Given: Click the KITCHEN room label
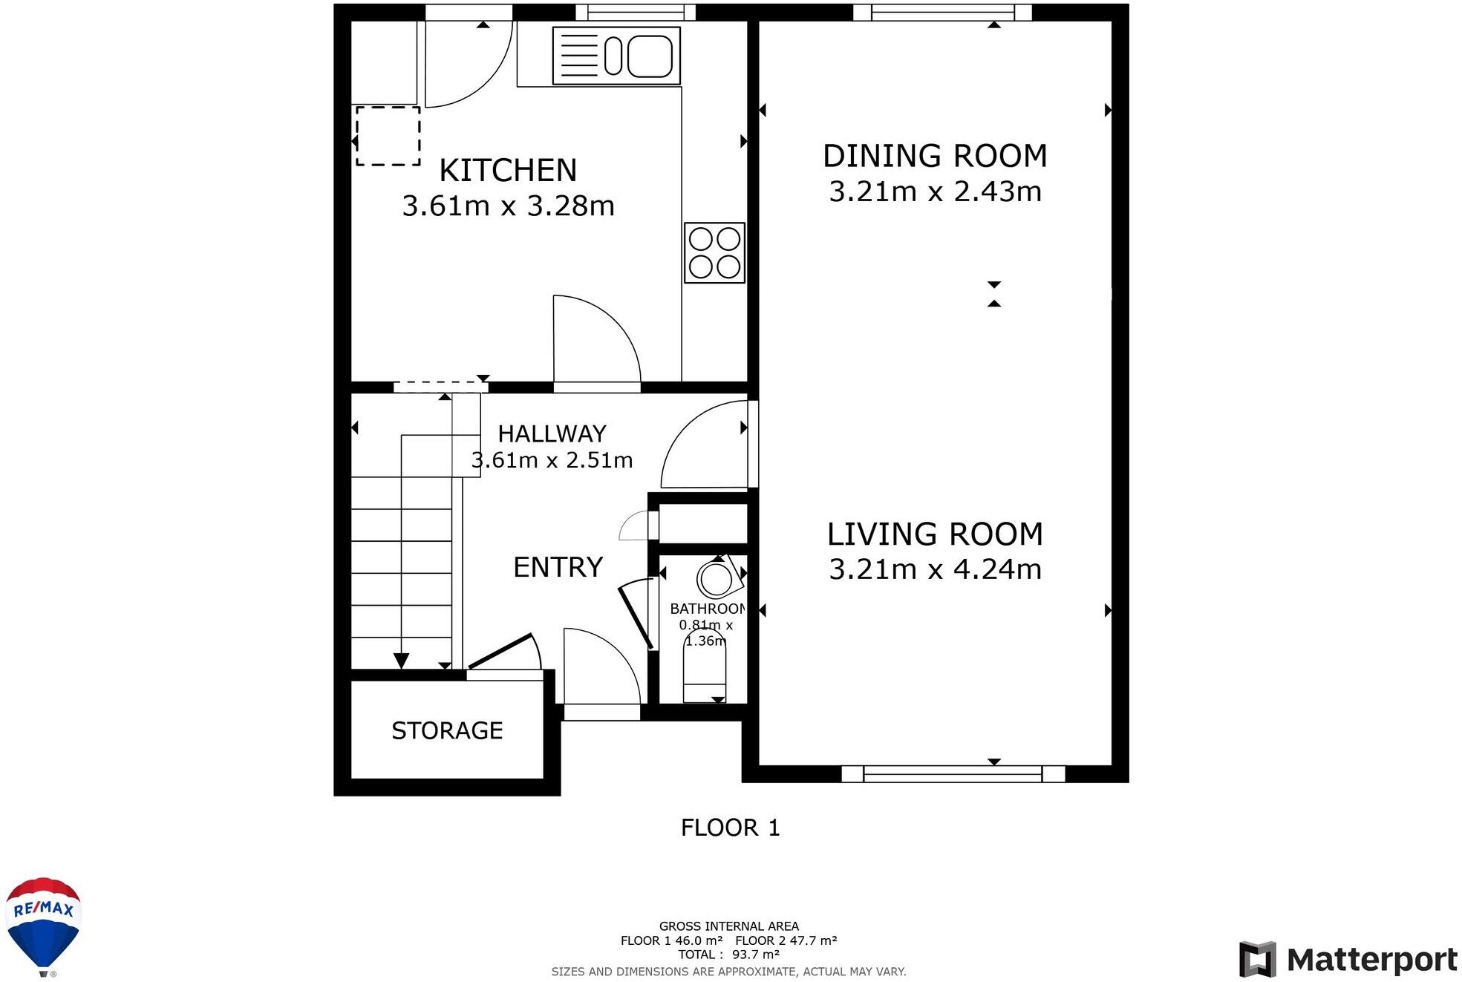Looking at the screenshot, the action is click(x=508, y=171).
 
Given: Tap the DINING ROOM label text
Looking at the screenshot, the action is click(x=935, y=156).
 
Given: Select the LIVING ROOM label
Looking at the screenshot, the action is click(x=935, y=534).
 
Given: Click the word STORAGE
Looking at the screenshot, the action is click(x=447, y=730).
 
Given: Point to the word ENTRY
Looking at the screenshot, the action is click(x=558, y=567).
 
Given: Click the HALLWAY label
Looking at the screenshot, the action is click(x=552, y=433).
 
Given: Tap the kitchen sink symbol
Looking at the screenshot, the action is click(x=616, y=56).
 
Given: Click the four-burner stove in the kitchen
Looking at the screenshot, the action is click(x=714, y=252).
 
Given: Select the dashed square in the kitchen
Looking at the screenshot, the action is click(x=388, y=136).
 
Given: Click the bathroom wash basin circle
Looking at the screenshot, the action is click(x=716, y=579).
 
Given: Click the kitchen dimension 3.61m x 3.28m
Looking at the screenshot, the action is click(x=508, y=206).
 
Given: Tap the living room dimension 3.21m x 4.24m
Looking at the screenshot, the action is click(x=935, y=569).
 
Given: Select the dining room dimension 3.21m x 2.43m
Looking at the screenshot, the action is click(x=935, y=192).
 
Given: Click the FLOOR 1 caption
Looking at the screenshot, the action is click(x=730, y=828).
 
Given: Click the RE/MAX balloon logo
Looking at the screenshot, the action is click(x=43, y=926).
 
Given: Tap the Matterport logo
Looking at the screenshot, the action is click(x=1348, y=960).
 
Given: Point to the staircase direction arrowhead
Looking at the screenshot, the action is click(x=401, y=661).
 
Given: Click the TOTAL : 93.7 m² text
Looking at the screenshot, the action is click(x=728, y=955).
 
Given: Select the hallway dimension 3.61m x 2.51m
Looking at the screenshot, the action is click(x=552, y=460).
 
